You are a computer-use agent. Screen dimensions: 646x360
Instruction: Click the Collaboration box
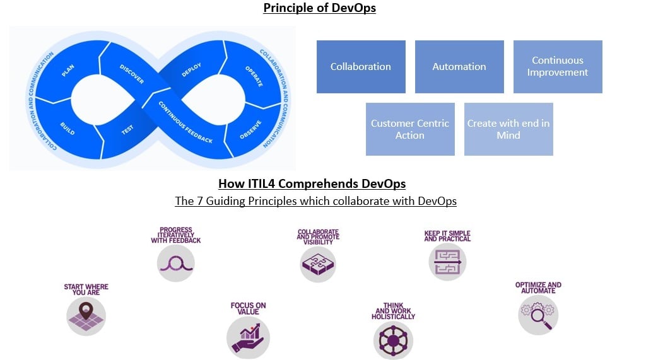[361, 67]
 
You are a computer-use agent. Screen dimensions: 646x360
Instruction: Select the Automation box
[459, 67]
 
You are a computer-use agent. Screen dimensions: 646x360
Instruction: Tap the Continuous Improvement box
[558, 67]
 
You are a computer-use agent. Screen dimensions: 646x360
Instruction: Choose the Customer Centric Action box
[410, 129]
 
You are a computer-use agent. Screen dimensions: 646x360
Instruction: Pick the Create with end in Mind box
[508, 129]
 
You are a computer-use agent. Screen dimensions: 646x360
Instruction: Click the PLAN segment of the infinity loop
[68, 71]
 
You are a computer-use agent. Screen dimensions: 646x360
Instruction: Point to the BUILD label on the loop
[68, 128]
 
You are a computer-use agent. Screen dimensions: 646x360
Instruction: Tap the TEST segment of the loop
[127, 129]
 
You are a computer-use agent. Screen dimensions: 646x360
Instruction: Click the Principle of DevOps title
[319, 8]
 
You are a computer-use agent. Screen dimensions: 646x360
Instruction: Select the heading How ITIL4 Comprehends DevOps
[312, 184]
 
